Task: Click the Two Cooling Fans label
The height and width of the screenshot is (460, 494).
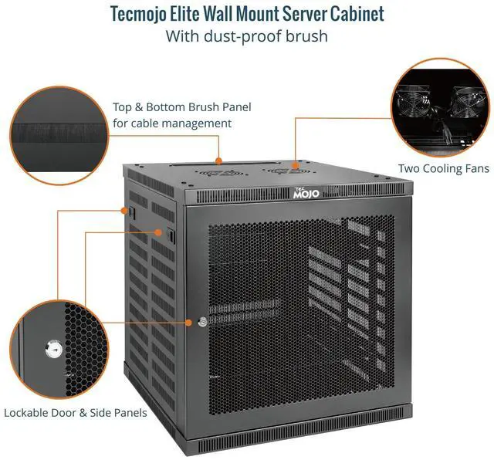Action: [x=443, y=168]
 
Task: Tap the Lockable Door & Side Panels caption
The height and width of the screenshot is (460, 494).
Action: [x=76, y=413]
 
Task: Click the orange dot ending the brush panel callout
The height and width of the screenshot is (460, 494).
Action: [x=219, y=161]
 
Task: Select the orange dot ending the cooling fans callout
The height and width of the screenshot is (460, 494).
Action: [x=295, y=164]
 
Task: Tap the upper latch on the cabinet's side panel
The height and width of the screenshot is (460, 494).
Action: [x=130, y=209]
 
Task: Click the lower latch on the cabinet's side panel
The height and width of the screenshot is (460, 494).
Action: [x=164, y=232]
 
